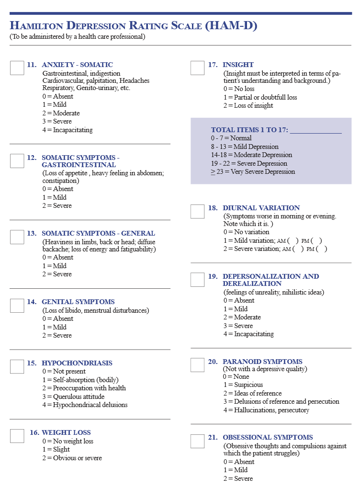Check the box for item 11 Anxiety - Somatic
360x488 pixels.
coord(17,68)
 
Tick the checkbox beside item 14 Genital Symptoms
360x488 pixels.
coord(17,306)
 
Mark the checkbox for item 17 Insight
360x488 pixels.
coord(197,68)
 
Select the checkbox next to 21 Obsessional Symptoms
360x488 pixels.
coord(197,441)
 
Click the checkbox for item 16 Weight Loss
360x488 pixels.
coord(17,436)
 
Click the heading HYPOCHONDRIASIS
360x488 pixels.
coord(77,363)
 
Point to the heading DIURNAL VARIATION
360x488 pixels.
coord(261,208)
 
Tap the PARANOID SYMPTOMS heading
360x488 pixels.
coord(262,362)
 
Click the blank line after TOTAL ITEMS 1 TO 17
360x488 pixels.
coord(315,130)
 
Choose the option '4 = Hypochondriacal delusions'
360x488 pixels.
coord(85,405)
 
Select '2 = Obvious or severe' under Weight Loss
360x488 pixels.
coord(72,458)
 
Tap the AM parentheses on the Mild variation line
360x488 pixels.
coord(293,240)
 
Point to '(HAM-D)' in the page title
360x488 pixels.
coord(231,26)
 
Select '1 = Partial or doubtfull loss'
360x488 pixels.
coord(260,97)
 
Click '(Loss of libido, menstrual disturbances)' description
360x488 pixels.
coord(96,310)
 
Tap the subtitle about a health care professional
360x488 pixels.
coord(77,36)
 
